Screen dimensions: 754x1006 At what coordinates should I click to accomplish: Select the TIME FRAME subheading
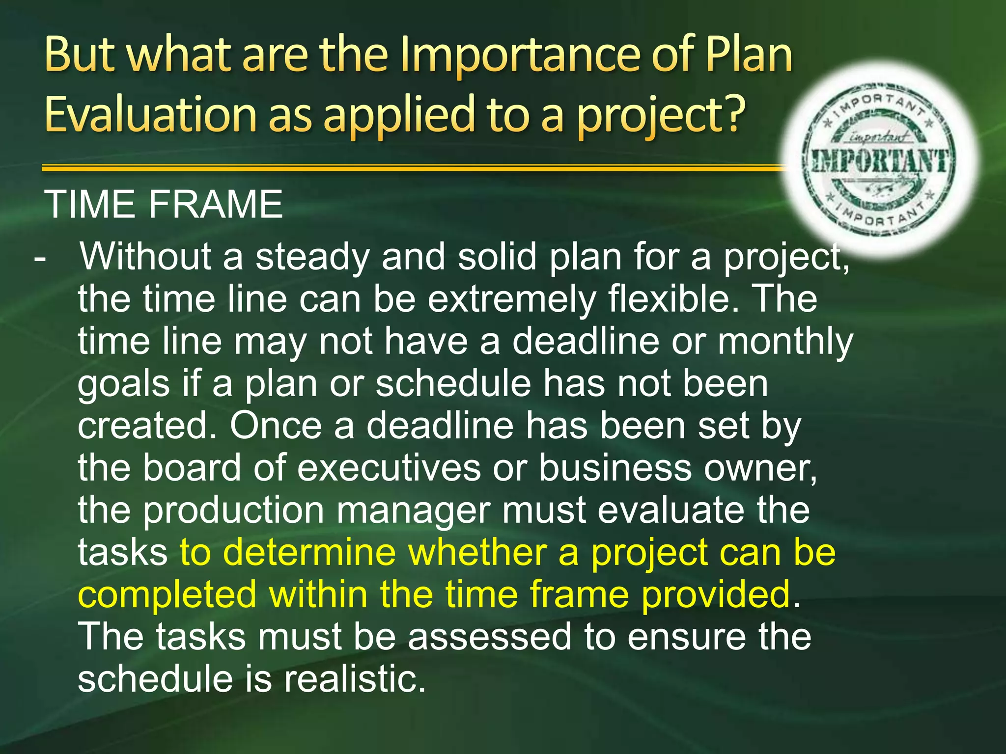[163, 204]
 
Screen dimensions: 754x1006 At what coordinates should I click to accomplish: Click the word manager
[413, 511]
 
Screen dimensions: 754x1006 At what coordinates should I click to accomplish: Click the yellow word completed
[167, 594]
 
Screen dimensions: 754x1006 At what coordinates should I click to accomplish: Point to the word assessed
[490, 637]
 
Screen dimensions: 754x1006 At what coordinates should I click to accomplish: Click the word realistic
[355, 679]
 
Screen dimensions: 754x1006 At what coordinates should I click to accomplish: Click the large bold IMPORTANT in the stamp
[880, 161]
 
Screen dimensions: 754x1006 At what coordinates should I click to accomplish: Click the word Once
[276, 426]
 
